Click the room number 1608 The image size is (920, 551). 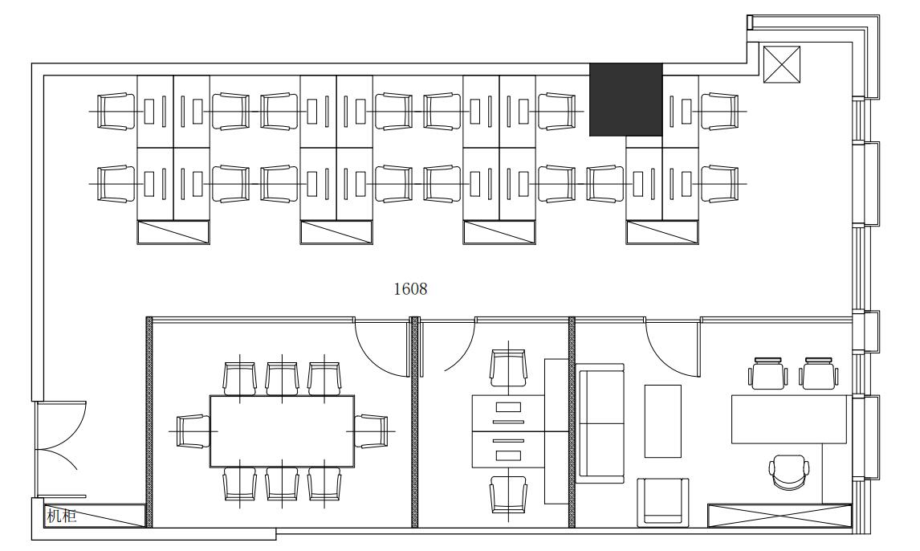(410, 288)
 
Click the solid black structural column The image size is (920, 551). (626, 100)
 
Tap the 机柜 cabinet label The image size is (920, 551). (62, 516)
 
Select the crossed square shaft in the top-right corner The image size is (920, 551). (782, 64)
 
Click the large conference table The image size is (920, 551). (283, 431)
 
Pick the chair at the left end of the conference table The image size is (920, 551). (193, 431)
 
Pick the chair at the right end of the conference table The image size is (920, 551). (372, 431)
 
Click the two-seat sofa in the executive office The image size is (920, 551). (600, 423)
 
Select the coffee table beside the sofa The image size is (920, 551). (663, 421)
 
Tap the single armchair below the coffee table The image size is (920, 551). (663, 501)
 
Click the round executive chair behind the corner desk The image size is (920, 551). (789, 471)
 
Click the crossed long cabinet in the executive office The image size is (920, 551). (780, 516)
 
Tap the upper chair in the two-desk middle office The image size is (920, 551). (508, 367)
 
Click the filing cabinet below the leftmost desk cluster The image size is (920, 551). (173, 232)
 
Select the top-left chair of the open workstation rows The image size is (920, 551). (116, 111)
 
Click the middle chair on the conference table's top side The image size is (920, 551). (283, 378)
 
